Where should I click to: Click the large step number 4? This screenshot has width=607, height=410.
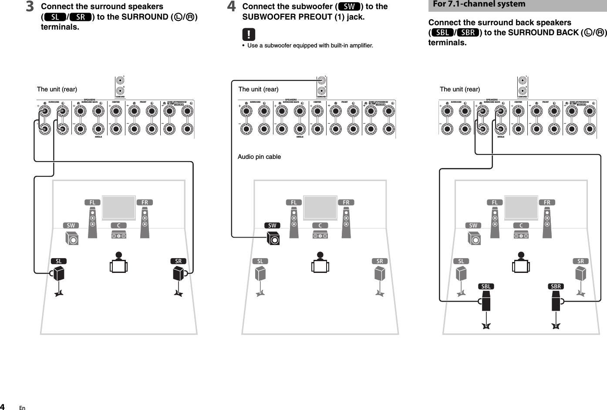pos(232,7)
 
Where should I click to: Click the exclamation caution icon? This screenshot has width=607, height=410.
pos(249,34)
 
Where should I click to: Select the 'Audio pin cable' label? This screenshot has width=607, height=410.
pos(259,157)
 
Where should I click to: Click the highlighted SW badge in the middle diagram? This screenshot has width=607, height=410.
pos(272,225)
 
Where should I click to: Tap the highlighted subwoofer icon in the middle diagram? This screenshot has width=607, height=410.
pos(273,239)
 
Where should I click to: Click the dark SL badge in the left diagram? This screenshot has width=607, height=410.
pos(59,261)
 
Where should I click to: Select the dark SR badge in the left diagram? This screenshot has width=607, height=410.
pos(178,261)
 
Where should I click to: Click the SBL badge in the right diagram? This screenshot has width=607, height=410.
pos(486,286)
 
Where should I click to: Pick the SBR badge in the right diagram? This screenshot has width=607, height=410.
pos(556,286)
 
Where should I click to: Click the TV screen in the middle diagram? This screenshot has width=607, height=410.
pos(320,208)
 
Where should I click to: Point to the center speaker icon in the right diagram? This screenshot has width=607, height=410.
pos(521,235)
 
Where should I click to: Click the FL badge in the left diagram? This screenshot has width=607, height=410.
pos(92,202)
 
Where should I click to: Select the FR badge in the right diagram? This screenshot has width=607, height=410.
pos(547,202)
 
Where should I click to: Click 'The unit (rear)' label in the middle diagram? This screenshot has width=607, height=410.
pos(258,89)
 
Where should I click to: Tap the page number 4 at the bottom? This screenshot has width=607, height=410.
pos(4,407)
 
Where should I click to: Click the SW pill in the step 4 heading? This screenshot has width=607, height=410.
pos(349,7)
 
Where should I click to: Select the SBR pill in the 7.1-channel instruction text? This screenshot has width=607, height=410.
pos(468,33)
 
